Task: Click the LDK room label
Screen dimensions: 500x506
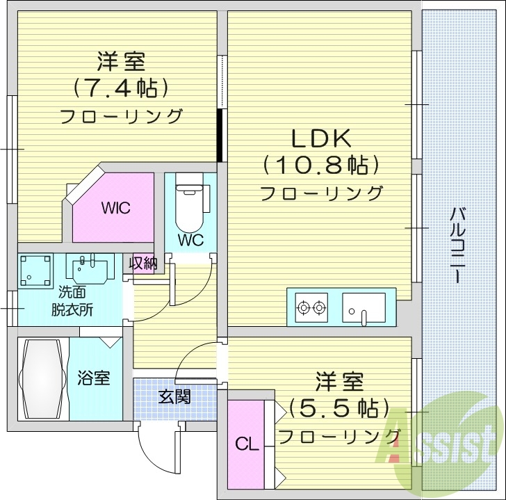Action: (320, 139)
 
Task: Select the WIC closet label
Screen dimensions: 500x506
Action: (115, 208)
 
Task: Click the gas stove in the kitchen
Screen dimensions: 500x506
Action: (311, 306)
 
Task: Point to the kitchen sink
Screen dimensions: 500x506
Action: (364, 306)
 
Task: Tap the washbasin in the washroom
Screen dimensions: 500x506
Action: (91, 268)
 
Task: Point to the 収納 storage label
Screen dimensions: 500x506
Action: (144, 264)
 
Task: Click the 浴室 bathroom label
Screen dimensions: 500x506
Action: (93, 379)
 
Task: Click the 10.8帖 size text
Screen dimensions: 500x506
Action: (320, 166)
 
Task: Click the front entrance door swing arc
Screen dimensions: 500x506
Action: (154, 445)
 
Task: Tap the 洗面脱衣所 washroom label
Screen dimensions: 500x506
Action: (72, 300)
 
